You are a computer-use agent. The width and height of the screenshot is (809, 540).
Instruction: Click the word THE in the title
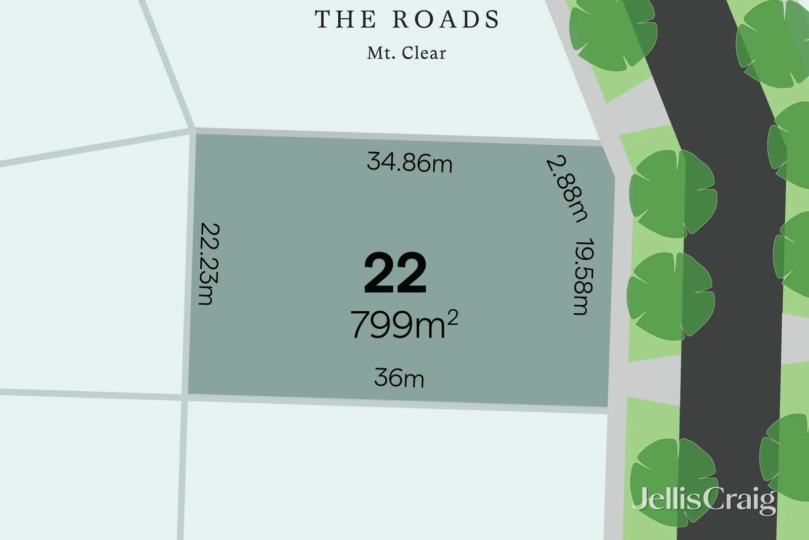tap(346, 19)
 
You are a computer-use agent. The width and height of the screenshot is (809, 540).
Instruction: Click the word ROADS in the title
tap(446, 19)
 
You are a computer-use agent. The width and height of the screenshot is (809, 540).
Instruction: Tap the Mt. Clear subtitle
tap(407, 53)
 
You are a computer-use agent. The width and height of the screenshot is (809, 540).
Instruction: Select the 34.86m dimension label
tap(410, 162)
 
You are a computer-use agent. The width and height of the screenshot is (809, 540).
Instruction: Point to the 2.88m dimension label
tap(567, 189)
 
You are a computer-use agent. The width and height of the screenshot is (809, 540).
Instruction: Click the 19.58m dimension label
tap(583, 277)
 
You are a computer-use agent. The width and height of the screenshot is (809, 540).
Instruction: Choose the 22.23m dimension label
tap(208, 264)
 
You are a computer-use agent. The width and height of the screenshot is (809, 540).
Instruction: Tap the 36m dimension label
tap(399, 378)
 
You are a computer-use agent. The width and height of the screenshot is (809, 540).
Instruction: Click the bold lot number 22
tap(395, 273)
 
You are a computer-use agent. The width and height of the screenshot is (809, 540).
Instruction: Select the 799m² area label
tap(403, 324)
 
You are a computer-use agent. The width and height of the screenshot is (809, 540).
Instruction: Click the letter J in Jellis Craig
tap(640, 501)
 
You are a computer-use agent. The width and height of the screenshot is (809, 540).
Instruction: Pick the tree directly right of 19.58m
tap(670, 296)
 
